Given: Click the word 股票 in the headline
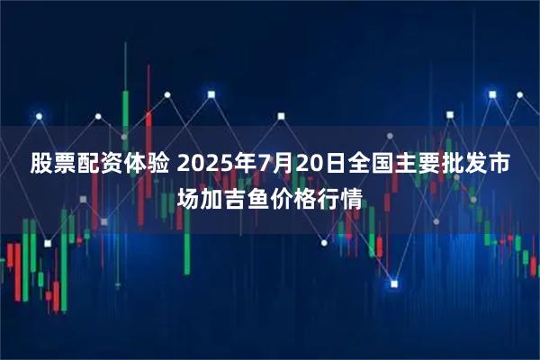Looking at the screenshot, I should [50, 165].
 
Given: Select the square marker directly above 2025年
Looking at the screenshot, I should [211, 93].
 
